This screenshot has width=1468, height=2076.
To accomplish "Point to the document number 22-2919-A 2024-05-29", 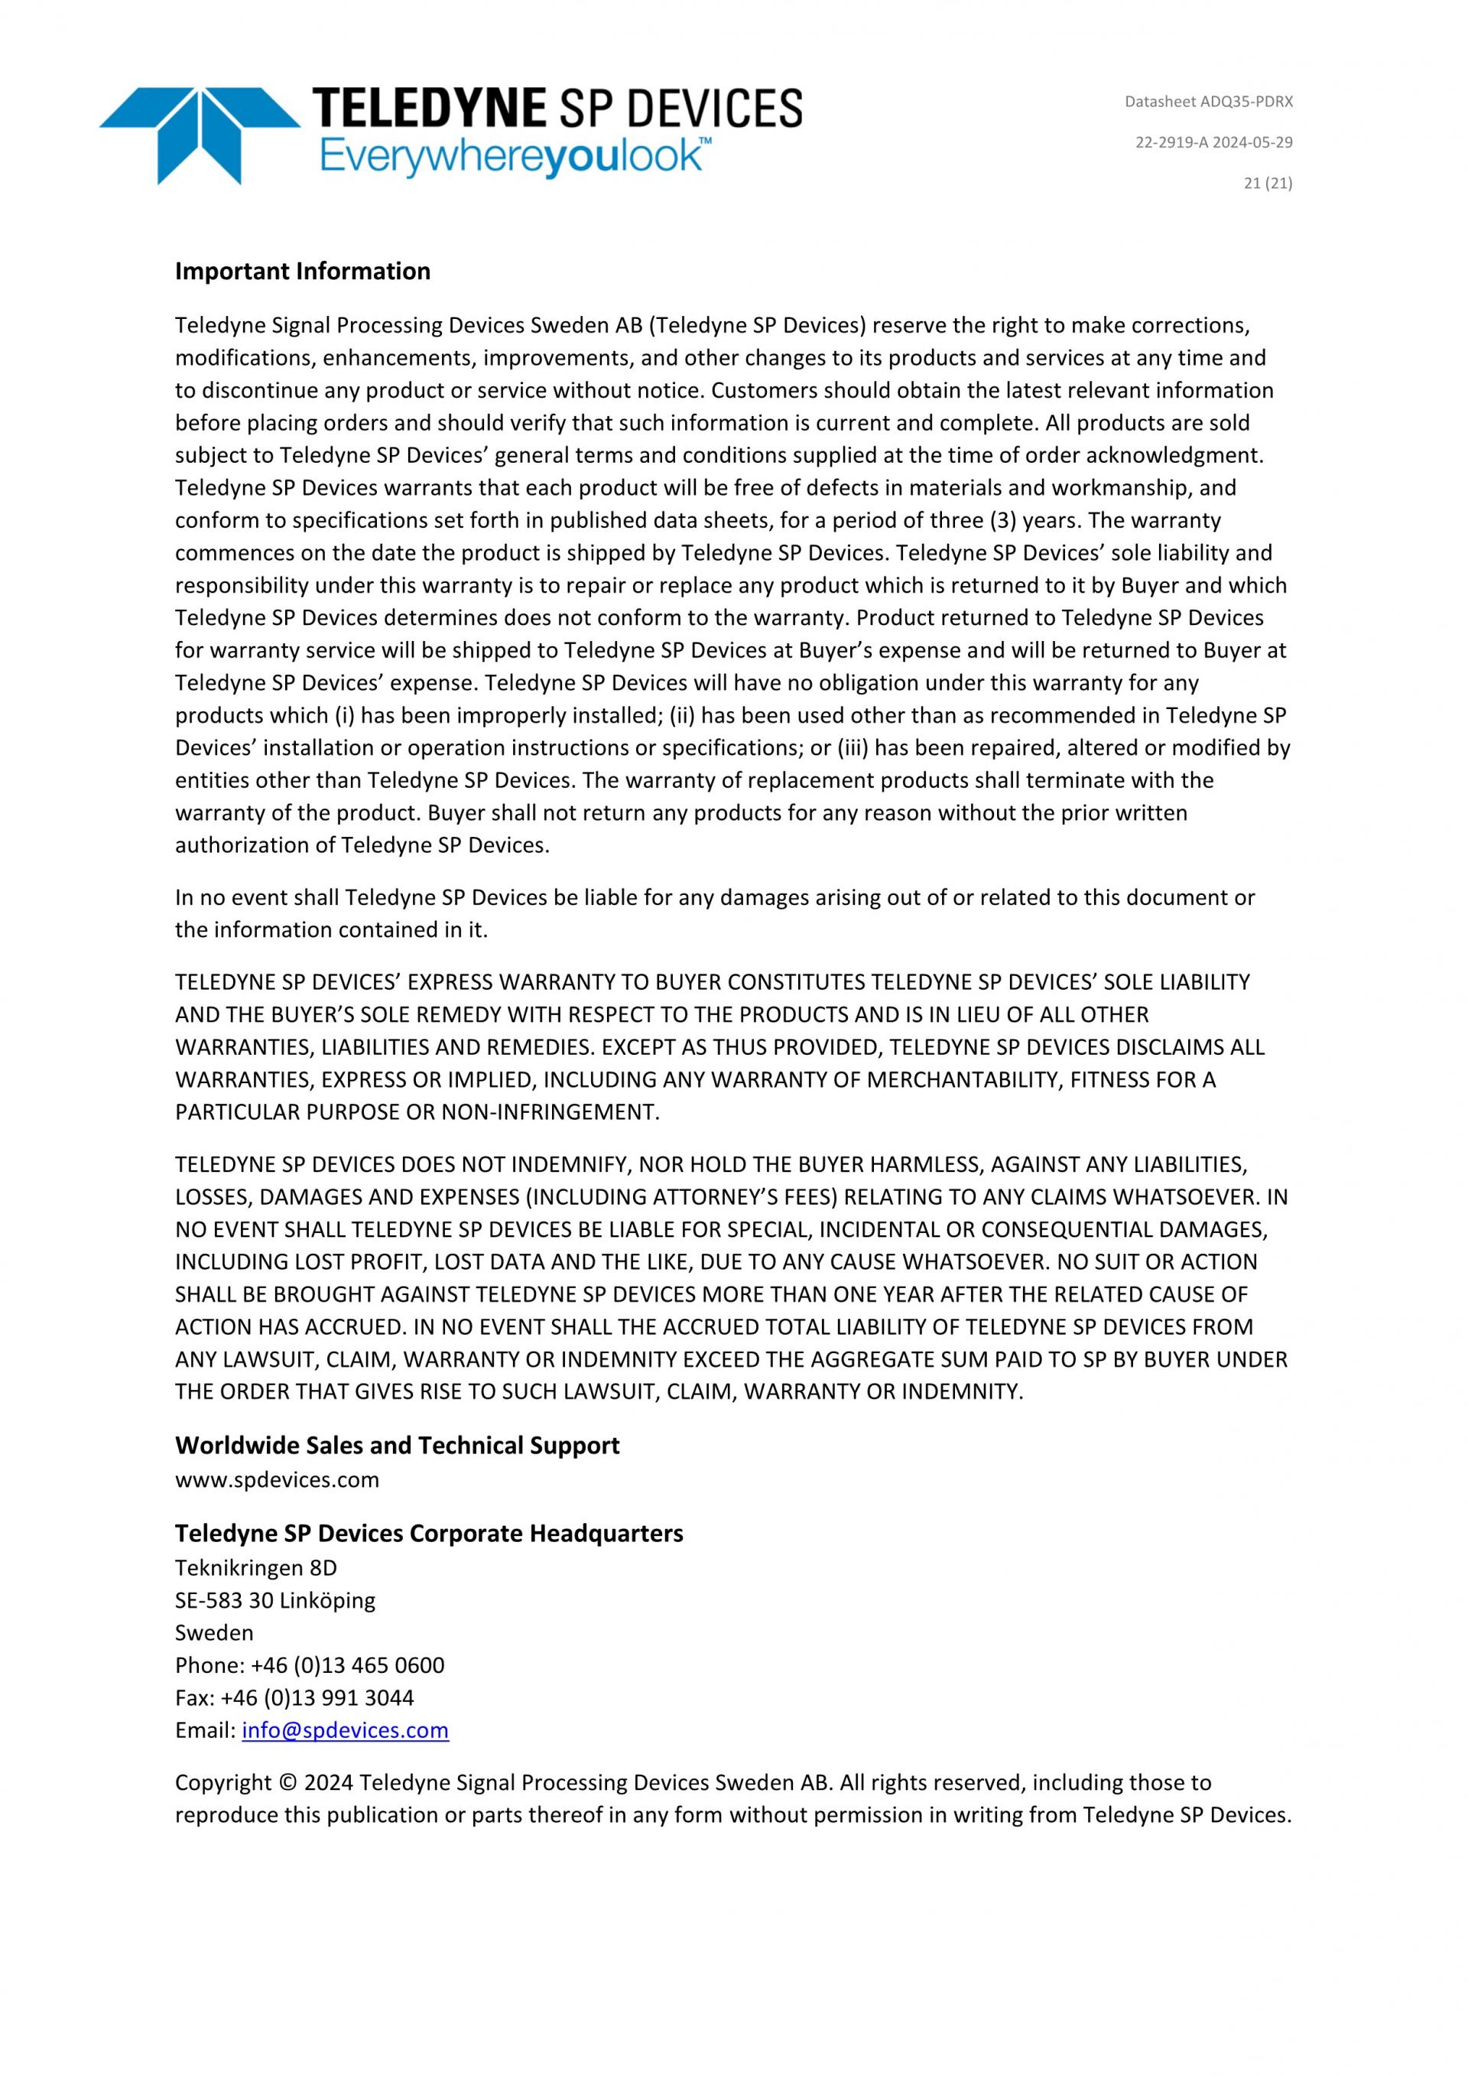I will [1213, 143].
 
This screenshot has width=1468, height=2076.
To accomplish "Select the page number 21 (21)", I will [1268, 184].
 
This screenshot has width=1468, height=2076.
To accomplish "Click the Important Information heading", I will [303, 272].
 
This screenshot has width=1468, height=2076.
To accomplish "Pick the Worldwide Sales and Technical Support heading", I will [397, 1445].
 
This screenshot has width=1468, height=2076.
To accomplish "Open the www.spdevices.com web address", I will [277, 1480].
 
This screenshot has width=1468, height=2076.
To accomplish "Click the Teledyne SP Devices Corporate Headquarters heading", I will [428, 1534].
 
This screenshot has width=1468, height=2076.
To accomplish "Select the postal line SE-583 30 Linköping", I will [274, 1600].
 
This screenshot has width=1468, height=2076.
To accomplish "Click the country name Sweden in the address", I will [214, 1633].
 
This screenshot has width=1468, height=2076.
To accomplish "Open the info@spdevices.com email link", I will [346, 1730].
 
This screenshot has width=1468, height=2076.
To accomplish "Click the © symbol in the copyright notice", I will [288, 1783].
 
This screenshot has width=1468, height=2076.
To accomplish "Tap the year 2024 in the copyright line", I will [329, 1783].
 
